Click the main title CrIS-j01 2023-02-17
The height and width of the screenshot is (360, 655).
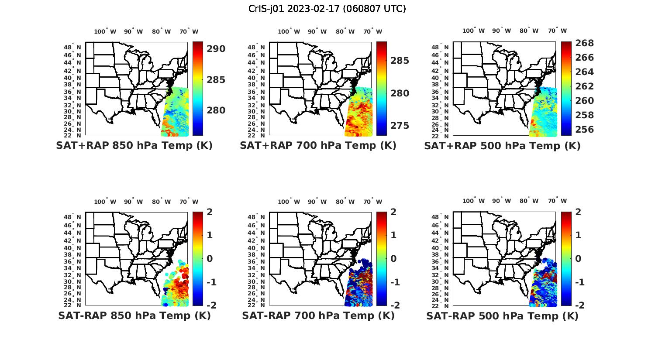(x=327, y=9)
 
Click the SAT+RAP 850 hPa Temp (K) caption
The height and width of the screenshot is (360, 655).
(x=134, y=145)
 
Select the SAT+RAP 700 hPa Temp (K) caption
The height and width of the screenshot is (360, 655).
(x=318, y=145)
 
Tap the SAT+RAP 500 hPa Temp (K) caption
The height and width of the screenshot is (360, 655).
(x=502, y=146)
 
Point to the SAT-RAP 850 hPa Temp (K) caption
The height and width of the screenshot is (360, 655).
(x=134, y=315)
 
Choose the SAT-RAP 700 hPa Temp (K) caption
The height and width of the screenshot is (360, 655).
(x=318, y=315)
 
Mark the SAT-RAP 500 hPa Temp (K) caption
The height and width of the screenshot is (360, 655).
(x=502, y=316)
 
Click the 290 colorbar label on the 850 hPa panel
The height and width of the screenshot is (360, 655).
(x=216, y=49)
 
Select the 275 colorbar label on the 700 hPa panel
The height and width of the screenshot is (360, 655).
(x=400, y=126)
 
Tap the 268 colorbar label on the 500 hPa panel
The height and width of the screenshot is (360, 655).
(x=584, y=43)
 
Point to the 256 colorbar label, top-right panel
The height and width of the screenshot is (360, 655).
(x=584, y=130)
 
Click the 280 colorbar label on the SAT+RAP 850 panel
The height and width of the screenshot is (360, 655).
(x=216, y=110)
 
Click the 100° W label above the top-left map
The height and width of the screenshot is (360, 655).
(x=105, y=31)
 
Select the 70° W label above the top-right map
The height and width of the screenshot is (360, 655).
(x=558, y=31)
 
